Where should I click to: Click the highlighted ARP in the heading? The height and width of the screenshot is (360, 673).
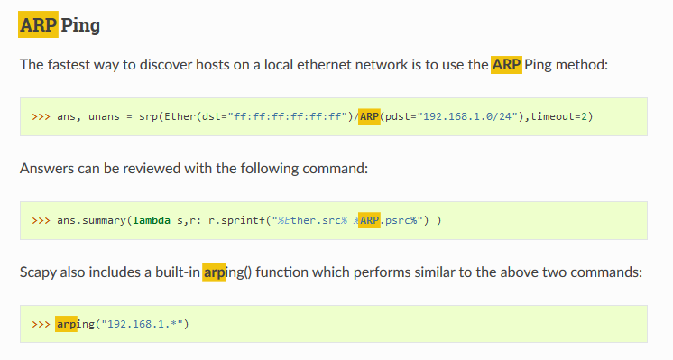pos(38,24)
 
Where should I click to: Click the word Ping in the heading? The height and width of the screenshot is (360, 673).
pos(80,24)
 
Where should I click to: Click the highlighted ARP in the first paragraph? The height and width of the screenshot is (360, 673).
pos(506,65)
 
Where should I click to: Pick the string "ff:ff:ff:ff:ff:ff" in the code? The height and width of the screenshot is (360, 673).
pos(289,117)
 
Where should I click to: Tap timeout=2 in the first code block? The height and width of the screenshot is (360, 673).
pos(561,117)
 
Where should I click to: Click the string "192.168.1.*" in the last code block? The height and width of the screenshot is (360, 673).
pos(145,324)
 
